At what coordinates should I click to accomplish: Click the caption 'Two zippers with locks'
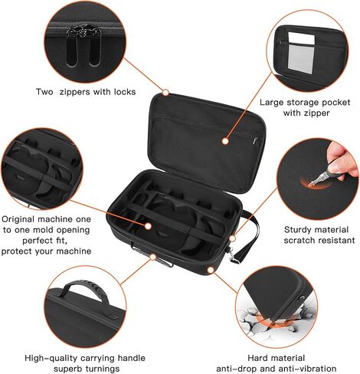click(86, 92)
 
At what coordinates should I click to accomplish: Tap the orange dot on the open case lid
click(225, 140)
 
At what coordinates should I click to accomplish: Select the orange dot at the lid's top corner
click(165, 93)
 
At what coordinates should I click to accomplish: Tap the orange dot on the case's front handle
click(152, 256)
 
